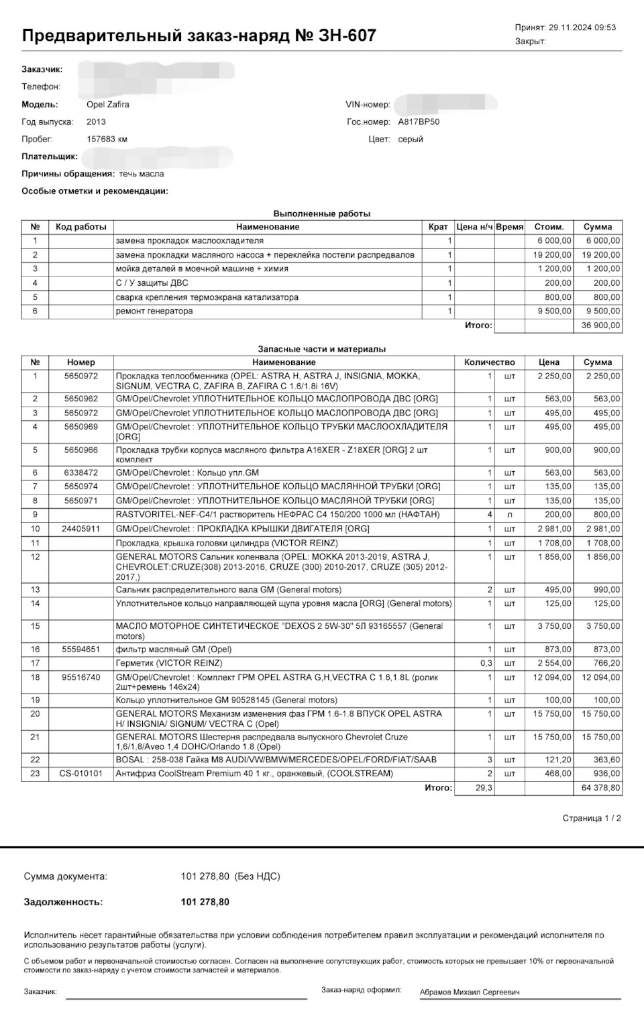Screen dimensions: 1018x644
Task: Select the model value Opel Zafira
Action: pyautogui.click(x=108, y=105)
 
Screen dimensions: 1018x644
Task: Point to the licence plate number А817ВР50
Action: pyautogui.click(x=419, y=122)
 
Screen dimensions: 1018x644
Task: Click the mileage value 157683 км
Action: pyautogui.click(x=107, y=140)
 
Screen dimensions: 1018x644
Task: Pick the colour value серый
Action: pyautogui.click(x=411, y=140)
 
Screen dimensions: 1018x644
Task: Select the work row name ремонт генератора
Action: pyautogui.click(x=154, y=311)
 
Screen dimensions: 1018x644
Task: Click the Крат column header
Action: pyautogui.click(x=438, y=227)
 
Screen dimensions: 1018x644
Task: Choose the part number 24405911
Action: pyautogui.click(x=80, y=529)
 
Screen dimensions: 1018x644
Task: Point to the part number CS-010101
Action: pyautogui.click(x=80, y=774)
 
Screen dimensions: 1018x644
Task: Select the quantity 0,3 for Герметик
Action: pyautogui.click(x=486, y=663)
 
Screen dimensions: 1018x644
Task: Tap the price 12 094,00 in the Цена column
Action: pyautogui.click(x=552, y=678)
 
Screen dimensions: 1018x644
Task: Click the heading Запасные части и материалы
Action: pyautogui.click(x=322, y=349)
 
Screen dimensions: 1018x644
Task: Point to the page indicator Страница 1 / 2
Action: pyautogui.click(x=592, y=819)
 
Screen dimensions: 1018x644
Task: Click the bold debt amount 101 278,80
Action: pyautogui.click(x=205, y=903)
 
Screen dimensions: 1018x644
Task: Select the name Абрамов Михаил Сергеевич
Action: pyautogui.click(x=470, y=992)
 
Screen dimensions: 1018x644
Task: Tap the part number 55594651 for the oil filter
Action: pyautogui.click(x=80, y=650)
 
